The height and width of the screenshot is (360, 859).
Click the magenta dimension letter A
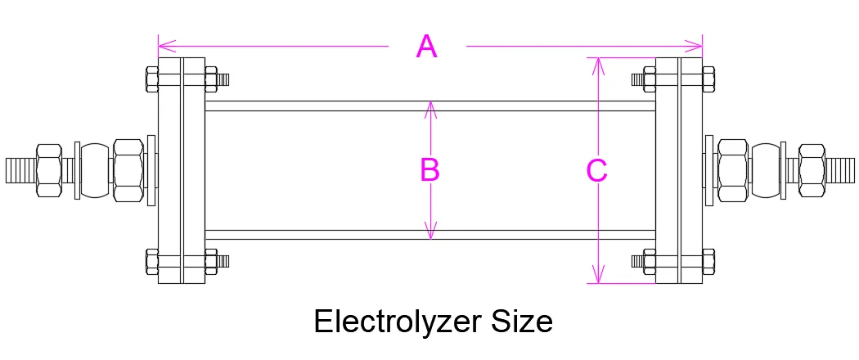[x=426, y=47]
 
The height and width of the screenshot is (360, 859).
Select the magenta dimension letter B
[x=429, y=170]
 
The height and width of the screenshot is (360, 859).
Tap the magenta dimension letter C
[x=597, y=170]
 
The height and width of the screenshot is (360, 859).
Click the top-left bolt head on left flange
[x=151, y=79]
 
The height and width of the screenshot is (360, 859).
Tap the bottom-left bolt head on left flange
[x=151, y=262]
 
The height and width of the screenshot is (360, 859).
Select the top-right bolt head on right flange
[x=709, y=79]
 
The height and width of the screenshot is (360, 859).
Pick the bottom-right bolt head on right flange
[x=709, y=262]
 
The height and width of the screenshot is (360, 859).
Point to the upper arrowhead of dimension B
[x=432, y=107]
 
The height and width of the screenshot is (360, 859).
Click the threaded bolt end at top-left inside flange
[x=223, y=79]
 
